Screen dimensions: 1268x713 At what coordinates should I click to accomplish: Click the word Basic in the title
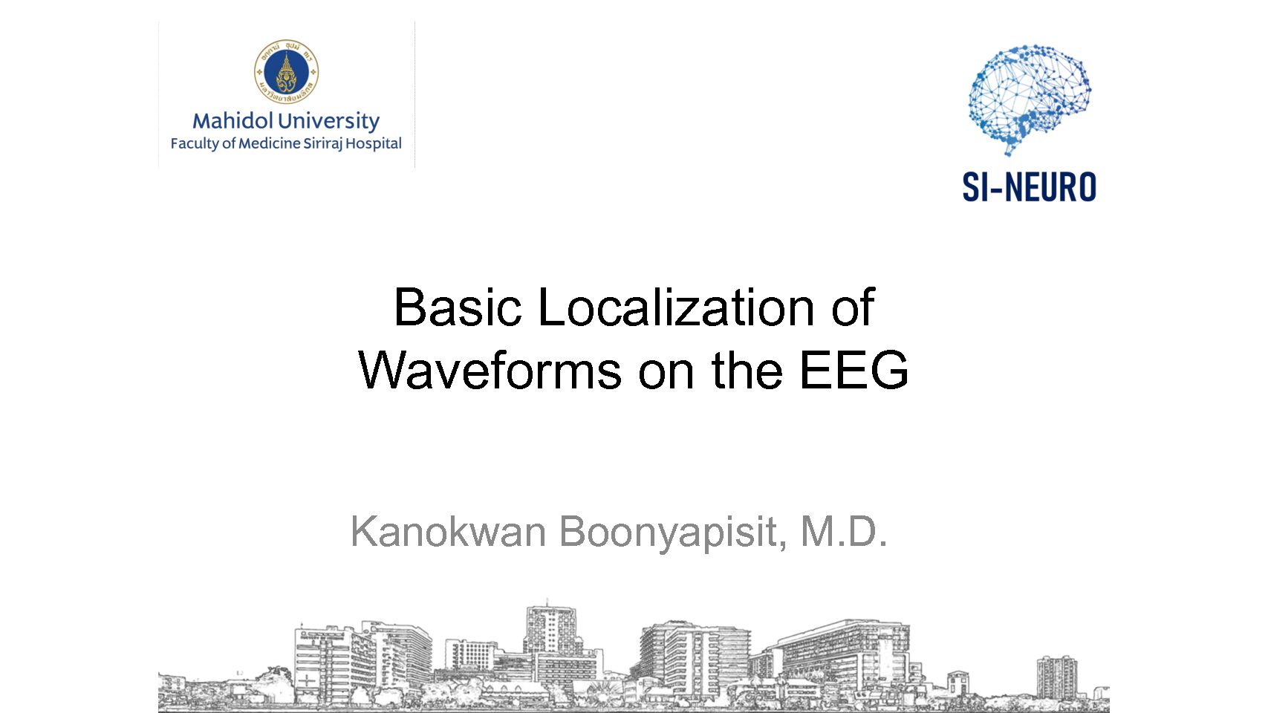pos(458,307)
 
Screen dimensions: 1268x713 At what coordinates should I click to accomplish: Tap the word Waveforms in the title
pos(490,370)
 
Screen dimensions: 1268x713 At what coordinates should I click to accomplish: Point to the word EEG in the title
pos(854,370)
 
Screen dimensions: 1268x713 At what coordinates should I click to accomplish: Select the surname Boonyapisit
pos(673,533)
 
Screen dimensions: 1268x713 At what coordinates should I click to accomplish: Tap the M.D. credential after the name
pos(843,531)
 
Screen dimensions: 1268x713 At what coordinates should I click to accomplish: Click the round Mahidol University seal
pos(287,72)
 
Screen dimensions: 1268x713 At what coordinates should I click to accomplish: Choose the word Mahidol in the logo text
pos(233,120)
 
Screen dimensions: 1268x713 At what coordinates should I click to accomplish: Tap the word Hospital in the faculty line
pos(374,144)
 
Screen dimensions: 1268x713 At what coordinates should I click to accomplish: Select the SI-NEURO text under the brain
pos(1029,186)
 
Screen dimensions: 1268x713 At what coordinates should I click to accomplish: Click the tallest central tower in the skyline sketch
pos(550,629)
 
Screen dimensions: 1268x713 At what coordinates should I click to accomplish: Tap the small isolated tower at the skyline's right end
pos(1056,677)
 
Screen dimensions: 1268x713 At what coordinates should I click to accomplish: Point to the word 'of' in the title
pos(853,307)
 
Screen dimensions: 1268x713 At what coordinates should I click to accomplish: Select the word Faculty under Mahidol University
pos(195,144)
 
